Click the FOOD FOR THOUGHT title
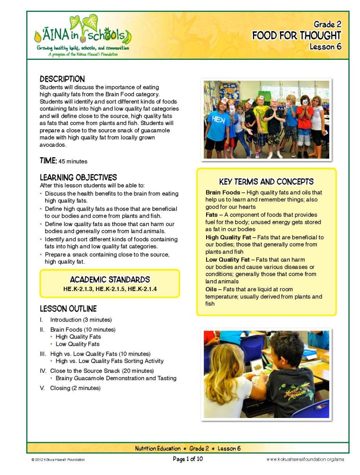(296, 36)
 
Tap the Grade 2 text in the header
(327, 24)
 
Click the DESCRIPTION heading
(62, 79)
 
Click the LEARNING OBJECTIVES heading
(78, 177)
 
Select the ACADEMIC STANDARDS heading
(110, 279)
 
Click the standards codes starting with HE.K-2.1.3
(110, 288)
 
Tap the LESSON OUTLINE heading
(68, 309)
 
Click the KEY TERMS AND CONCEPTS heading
(266, 181)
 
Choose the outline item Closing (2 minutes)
(75, 388)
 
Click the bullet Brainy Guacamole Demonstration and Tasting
(116, 378)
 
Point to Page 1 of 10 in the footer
(188, 459)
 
